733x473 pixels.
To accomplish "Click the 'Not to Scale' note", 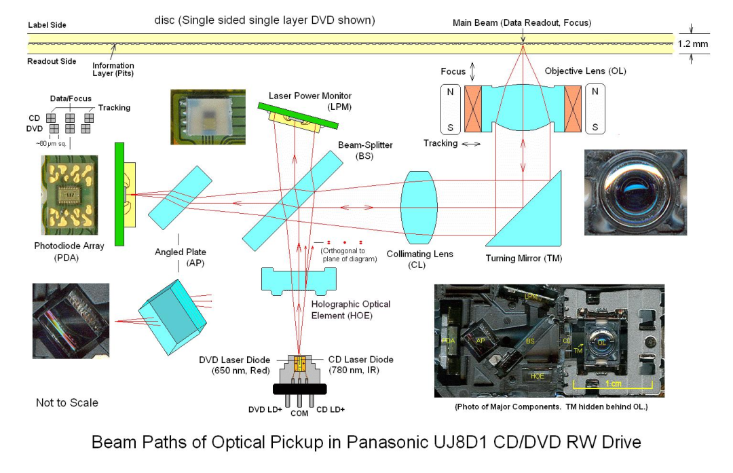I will click(67, 402).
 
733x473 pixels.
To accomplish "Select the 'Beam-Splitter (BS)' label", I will click(365, 150).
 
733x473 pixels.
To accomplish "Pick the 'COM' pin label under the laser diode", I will click(299, 413).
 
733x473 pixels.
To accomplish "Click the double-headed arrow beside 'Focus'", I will click(474, 71).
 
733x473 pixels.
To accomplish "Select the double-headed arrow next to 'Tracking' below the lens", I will click(470, 144).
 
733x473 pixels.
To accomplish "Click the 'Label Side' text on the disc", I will click(47, 25).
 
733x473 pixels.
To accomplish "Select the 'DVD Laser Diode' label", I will click(236, 364).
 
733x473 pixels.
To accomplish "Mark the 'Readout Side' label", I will click(52, 60).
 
